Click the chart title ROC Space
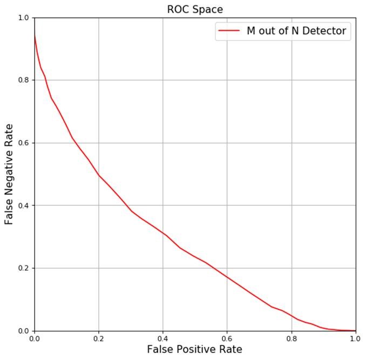click(195, 9)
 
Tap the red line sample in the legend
click(228, 31)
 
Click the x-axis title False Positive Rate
click(195, 349)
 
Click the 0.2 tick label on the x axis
click(98, 339)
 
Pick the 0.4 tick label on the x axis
click(162, 339)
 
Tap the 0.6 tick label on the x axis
click(227, 339)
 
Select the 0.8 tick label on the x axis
click(292, 339)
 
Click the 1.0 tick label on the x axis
click(355, 339)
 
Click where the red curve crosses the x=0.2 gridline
click(98, 175)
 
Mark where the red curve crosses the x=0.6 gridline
click(227, 277)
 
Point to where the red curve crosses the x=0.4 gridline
click(162, 233)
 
